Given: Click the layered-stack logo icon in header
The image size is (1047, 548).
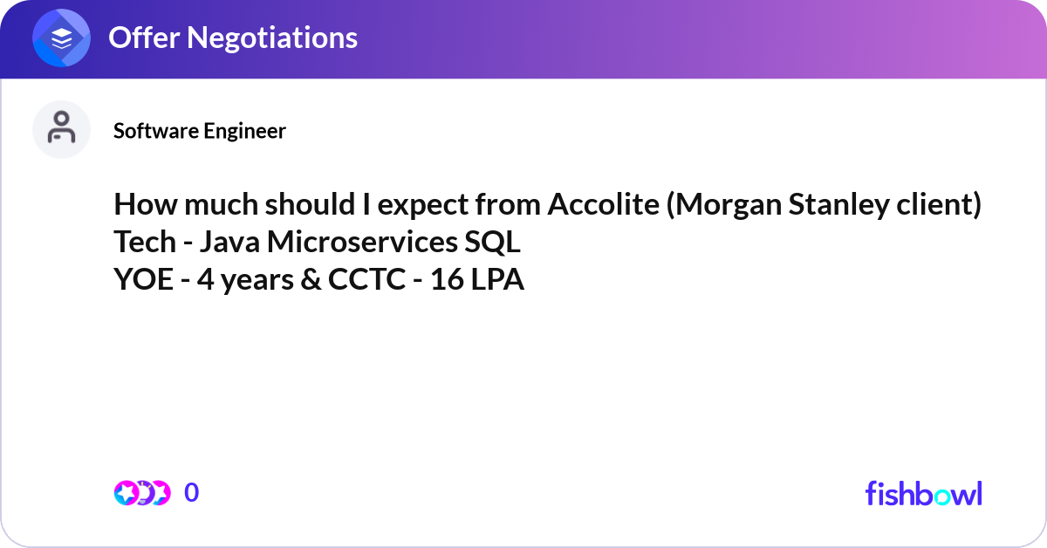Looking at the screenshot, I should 62,38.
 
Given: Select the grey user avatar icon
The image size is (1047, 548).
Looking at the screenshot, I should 61,129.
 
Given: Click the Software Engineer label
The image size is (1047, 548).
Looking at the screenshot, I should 200,131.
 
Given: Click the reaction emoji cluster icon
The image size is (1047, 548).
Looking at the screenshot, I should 142,493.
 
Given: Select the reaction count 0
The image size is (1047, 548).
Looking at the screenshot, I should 192,493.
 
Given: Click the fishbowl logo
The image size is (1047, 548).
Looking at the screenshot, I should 923,493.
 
